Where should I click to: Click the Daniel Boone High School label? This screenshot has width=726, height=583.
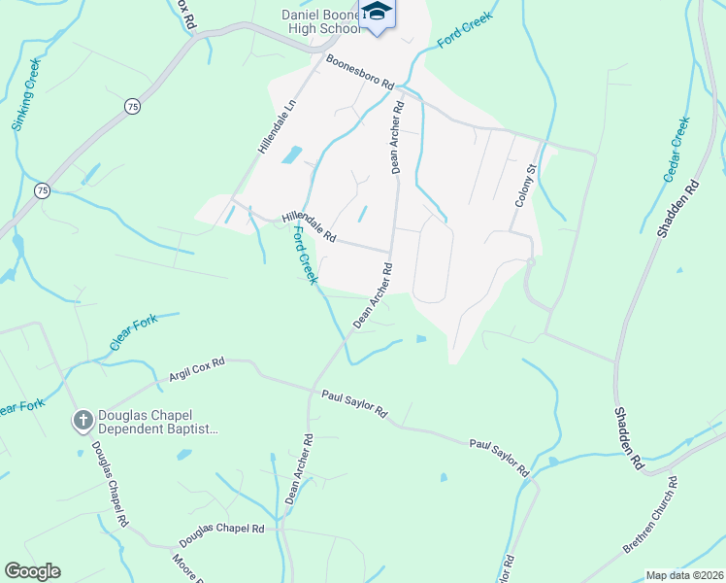(320, 22)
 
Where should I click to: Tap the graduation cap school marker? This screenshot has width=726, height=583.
(378, 13)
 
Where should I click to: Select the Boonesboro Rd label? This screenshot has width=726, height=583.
(360, 73)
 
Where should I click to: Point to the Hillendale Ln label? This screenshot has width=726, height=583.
(276, 126)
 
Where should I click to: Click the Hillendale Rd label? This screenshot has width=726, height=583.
(309, 229)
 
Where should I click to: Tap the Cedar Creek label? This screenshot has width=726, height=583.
(676, 150)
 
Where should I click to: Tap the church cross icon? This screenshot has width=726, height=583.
(83, 421)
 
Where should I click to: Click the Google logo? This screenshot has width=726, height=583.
(32, 571)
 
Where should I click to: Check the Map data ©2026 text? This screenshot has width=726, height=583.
(685, 575)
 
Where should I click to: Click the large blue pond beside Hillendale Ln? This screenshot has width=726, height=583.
(290, 154)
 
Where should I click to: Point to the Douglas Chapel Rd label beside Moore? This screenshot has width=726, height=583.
(221, 533)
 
